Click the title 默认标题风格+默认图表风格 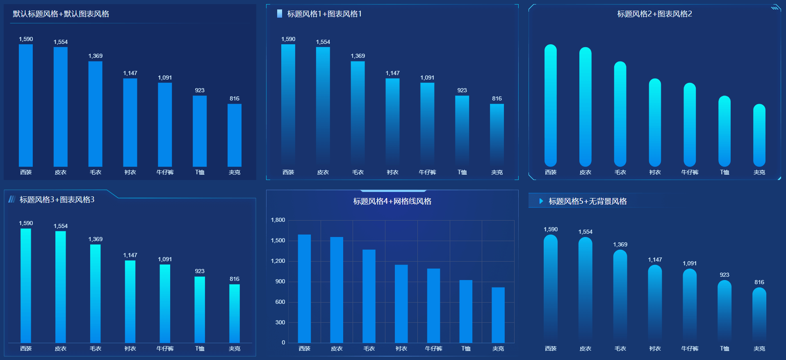coord(61,14)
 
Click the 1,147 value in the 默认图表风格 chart coord(130,73)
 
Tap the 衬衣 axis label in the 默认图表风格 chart coord(130,172)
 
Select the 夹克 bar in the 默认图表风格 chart coord(235,135)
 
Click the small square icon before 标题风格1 coord(279,14)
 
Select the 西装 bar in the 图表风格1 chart coord(288,105)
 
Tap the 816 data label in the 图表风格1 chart coord(497,98)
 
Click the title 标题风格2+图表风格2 coord(654,14)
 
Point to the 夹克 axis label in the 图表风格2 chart coord(759,172)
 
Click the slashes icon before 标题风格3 coord(11,199)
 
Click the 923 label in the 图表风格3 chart coord(200,271)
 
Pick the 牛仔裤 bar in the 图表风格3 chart coord(165,303)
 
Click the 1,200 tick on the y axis coord(278,261)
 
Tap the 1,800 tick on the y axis coord(278,220)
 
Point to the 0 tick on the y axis coord(283,342)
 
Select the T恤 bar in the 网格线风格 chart coord(466,311)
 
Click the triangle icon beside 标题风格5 coord(541,201)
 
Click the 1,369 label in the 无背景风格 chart coord(620,244)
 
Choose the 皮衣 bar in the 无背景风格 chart coord(585,287)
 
